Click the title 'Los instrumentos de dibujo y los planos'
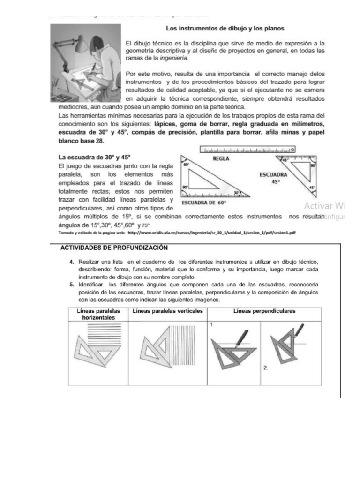[225, 28]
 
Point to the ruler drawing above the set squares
[247, 150]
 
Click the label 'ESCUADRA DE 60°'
[204, 203]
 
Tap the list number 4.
[72, 261]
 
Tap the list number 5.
[72, 284]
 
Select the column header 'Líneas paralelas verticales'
[168, 311]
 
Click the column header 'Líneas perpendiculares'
[264, 311]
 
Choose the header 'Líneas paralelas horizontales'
[98, 314]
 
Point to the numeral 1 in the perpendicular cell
[212, 324]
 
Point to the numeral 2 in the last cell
[265, 368]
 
